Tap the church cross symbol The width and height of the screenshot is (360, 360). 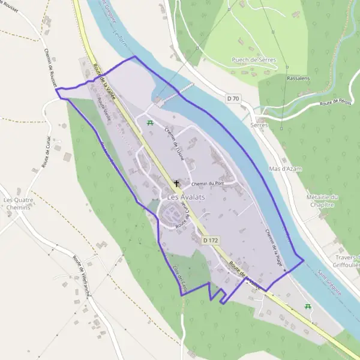176,183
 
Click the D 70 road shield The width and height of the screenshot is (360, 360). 233,97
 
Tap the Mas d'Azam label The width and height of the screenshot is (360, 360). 286,169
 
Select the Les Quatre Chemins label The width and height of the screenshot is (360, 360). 16,203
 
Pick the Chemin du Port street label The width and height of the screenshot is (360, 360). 207,184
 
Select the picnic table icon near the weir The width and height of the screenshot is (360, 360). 149,122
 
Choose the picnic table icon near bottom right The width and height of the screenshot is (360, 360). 308,307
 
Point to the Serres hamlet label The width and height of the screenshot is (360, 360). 259,125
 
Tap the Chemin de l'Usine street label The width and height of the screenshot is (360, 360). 173,146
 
